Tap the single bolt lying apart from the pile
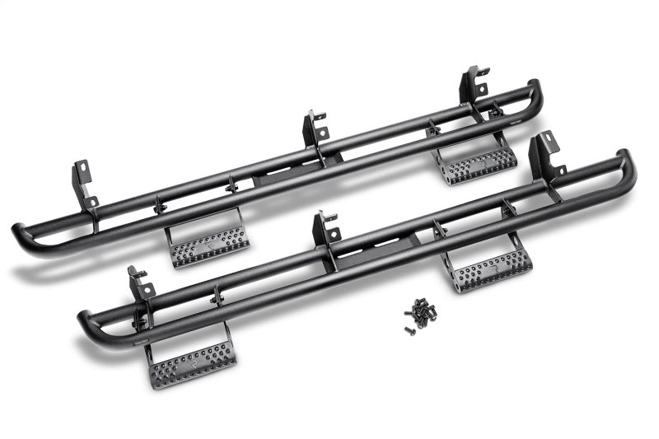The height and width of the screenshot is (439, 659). [408, 330]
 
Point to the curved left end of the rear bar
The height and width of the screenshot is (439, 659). [21, 239]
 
